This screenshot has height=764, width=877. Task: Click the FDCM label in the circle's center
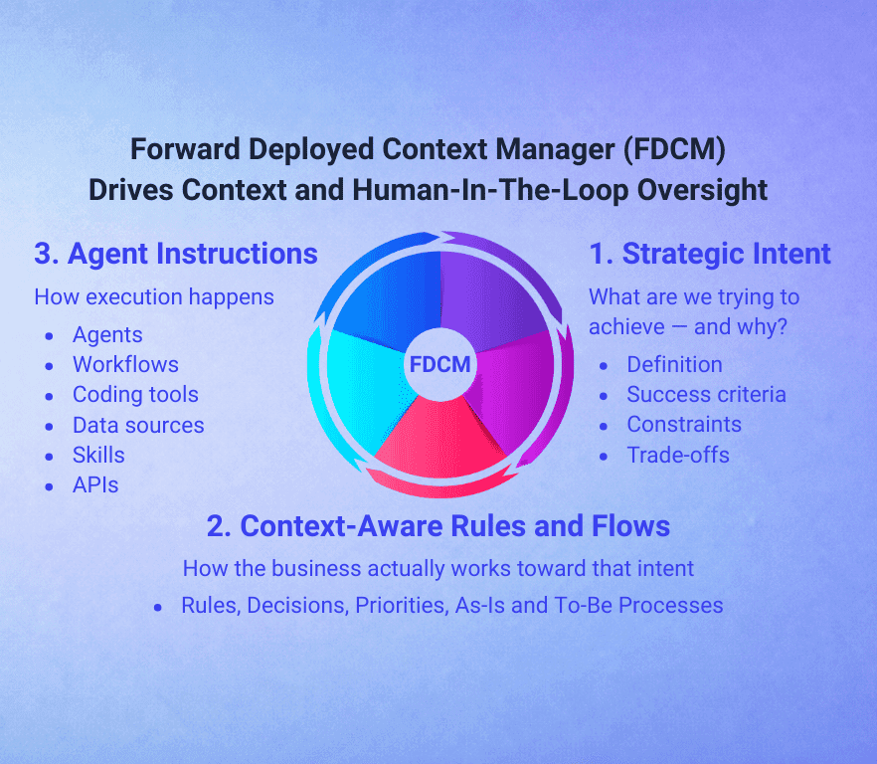click(x=439, y=364)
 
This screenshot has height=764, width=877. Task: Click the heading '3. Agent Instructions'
click(x=176, y=254)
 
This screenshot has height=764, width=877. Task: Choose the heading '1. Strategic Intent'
click(x=710, y=254)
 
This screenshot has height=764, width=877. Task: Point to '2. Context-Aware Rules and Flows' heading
click(x=438, y=526)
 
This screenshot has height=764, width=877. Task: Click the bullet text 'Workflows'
click(x=125, y=364)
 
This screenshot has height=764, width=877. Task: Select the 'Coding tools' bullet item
click(x=135, y=395)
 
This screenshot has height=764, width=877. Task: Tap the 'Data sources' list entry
click(x=138, y=425)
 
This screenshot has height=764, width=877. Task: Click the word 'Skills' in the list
click(x=98, y=455)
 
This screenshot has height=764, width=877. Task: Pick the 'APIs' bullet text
click(x=95, y=485)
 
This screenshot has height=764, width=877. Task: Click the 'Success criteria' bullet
click(x=706, y=395)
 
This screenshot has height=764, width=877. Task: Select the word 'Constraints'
click(x=684, y=425)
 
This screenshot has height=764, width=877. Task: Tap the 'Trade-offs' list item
click(x=678, y=455)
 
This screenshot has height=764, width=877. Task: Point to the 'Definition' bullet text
click(x=674, y=364)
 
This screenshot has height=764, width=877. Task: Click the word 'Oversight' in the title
click(x=702, y=190)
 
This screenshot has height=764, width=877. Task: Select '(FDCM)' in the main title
click(x=674, y=150)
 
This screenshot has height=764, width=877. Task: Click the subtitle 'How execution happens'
click(x=154, y=297)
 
